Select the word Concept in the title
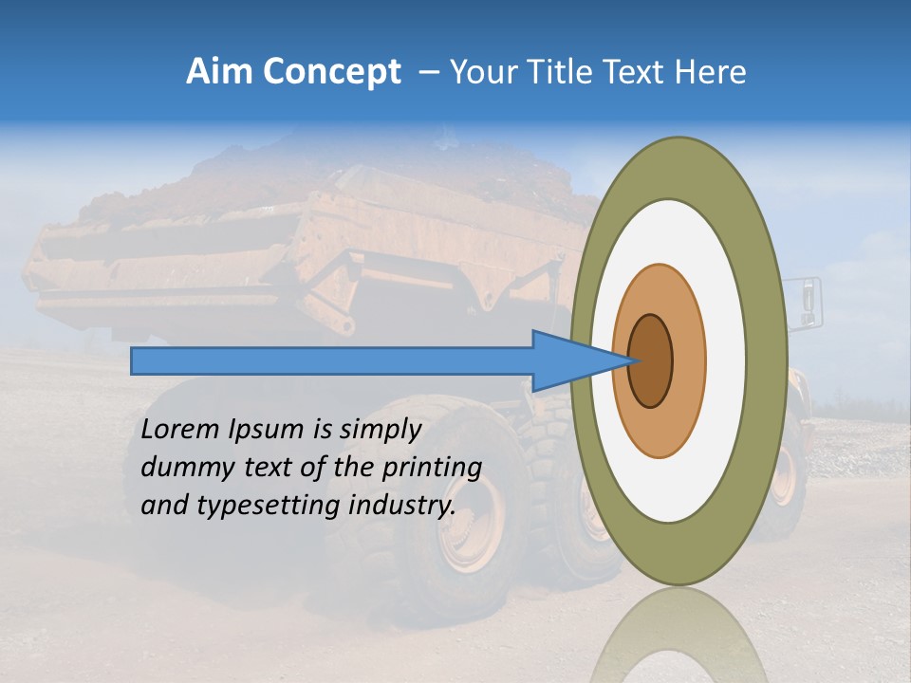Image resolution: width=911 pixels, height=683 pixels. click(332, 73)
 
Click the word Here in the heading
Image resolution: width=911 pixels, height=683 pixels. click(710, 72)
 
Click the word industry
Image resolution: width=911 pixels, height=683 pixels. click(402, 506)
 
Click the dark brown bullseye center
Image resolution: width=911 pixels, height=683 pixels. click(651, 361)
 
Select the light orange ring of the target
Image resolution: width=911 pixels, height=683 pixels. click(688, 361)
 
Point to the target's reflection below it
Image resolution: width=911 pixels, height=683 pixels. click(679, 636)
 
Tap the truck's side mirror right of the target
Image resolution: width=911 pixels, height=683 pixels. click(808, 301)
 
